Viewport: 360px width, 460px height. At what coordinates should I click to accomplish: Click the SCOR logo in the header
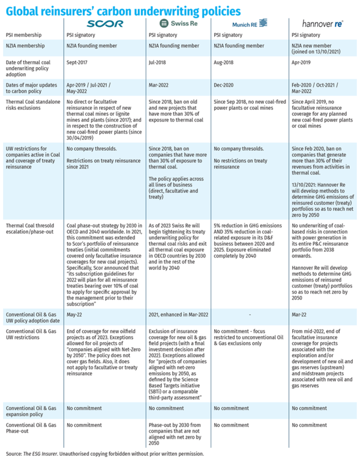coord(105,23)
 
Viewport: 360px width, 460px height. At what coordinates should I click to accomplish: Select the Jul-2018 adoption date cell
coord(155,62)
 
